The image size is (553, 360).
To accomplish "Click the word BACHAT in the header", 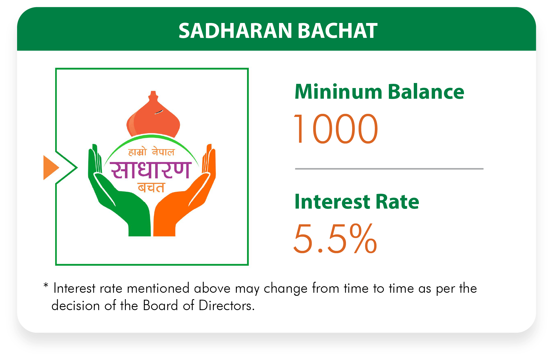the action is click(x=338, y=31).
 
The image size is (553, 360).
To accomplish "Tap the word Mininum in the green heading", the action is click(x=338, y=92).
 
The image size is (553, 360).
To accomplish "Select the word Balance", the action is click(x=426, y=92).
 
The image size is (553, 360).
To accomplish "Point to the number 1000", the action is click(x=336, y=129).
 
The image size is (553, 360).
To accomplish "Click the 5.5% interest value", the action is click(x=335, y=238).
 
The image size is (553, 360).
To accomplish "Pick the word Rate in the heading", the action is click(x=397, y=202).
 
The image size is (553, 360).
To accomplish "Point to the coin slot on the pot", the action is click(x=159, y=112).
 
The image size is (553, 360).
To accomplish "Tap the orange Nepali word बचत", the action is click(x=151, y=188).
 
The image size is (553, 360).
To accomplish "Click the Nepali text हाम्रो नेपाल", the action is click(x=151, y=151).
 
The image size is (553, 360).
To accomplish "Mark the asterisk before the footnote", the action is click(x=46, y=286).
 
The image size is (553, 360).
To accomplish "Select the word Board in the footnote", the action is click(x=160, y=305).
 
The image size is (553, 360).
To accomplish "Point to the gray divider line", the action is click(x=389, y=169).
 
